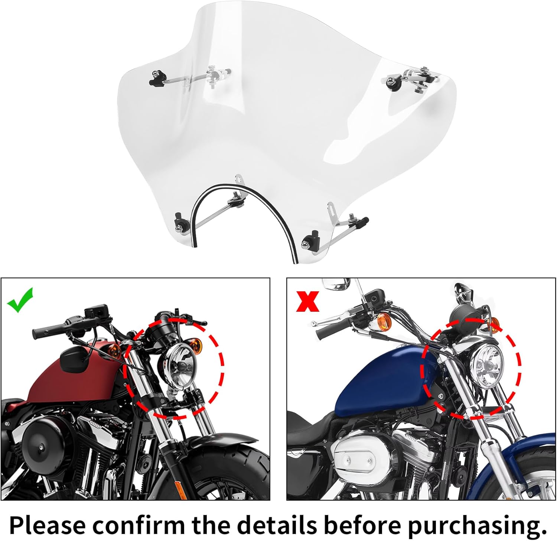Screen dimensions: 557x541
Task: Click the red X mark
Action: click(307, 301)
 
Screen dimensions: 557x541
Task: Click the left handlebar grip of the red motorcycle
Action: click(50, 329)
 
